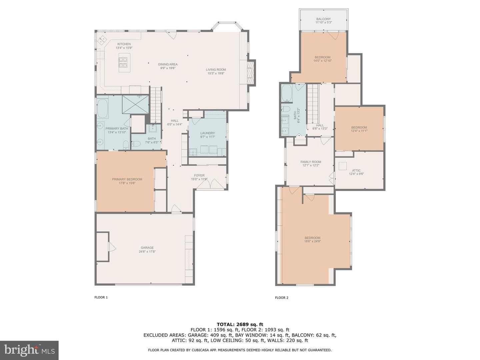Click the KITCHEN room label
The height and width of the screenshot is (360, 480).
124,44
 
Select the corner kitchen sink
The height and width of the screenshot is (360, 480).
101,40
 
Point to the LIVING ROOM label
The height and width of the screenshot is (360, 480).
216,70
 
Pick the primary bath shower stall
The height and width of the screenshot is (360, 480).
135,104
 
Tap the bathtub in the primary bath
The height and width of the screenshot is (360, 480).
103,109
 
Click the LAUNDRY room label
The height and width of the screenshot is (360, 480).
208,133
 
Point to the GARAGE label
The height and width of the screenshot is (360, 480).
147,248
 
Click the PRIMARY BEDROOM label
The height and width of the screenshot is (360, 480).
127,179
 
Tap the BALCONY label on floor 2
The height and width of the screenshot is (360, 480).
323,19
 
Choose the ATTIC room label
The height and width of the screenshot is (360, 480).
356,170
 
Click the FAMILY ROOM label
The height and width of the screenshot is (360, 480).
311,162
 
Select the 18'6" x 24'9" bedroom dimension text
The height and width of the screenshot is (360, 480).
312,241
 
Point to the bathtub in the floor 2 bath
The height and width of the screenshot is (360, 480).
286,94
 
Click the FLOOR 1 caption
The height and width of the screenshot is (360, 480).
101,297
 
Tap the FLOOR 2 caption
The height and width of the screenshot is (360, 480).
282,297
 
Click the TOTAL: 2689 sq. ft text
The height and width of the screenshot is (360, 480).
240,324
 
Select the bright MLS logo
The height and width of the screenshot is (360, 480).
29,350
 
